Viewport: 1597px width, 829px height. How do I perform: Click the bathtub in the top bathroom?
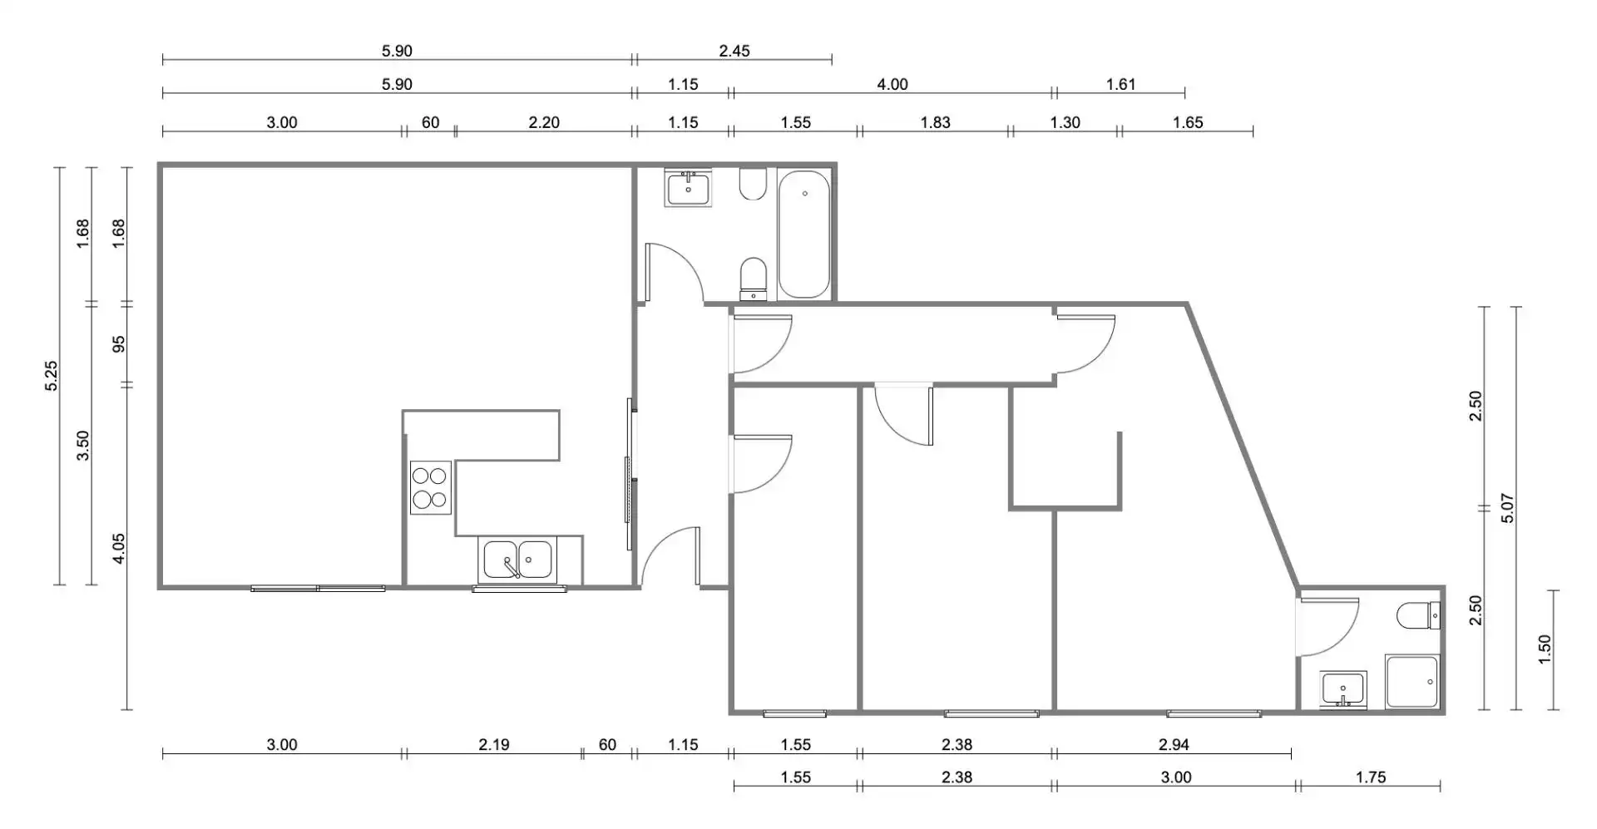pyautogui.click(x=804, y=234)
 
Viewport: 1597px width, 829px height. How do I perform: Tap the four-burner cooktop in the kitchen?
pyautogui.click(x=430, y=487)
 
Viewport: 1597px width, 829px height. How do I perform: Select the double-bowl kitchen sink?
pyautogui.click(x=517, y=560)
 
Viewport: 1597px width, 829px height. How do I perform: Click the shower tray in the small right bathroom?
pyautogui.click(x=1412, y=682)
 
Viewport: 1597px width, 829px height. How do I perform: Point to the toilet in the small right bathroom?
pyautogui.click(x=1418, y=616)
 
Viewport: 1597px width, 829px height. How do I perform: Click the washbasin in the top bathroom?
pyautogui.click(x=688, y=187)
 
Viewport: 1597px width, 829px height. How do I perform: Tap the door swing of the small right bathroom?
pyautogui.click(x=1328, y=628)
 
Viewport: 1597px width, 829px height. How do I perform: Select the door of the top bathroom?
pyautogui.click(x=675, y=271)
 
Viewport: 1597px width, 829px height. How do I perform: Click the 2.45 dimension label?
pyautogui.click(x=734, y=51)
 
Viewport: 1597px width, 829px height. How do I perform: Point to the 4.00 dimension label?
pyautogui.click(x=892, y=84)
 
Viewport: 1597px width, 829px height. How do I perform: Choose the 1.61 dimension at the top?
pyautogui.click(x=1120, y=84)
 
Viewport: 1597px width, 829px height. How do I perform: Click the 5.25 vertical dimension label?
pyautogui.click(x=52, y=376)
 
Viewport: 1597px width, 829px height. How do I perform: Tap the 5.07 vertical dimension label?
pyautogui.click(x=1507, y=508)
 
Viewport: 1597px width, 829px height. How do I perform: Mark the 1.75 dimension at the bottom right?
pyautogui.click(x=1370, y=777)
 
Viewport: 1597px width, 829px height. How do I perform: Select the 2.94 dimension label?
pyautogui.click(x=1174, y=744)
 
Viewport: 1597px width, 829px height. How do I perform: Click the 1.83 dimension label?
pyautogui.click(x=935, y=122)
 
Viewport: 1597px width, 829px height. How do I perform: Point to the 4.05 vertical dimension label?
pyautogui.click(x=119, y=549)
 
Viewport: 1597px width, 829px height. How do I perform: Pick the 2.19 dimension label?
pyautogui.click(x=494, y=744)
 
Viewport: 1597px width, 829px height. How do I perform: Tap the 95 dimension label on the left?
pyautogui.click(x=119, y=343)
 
